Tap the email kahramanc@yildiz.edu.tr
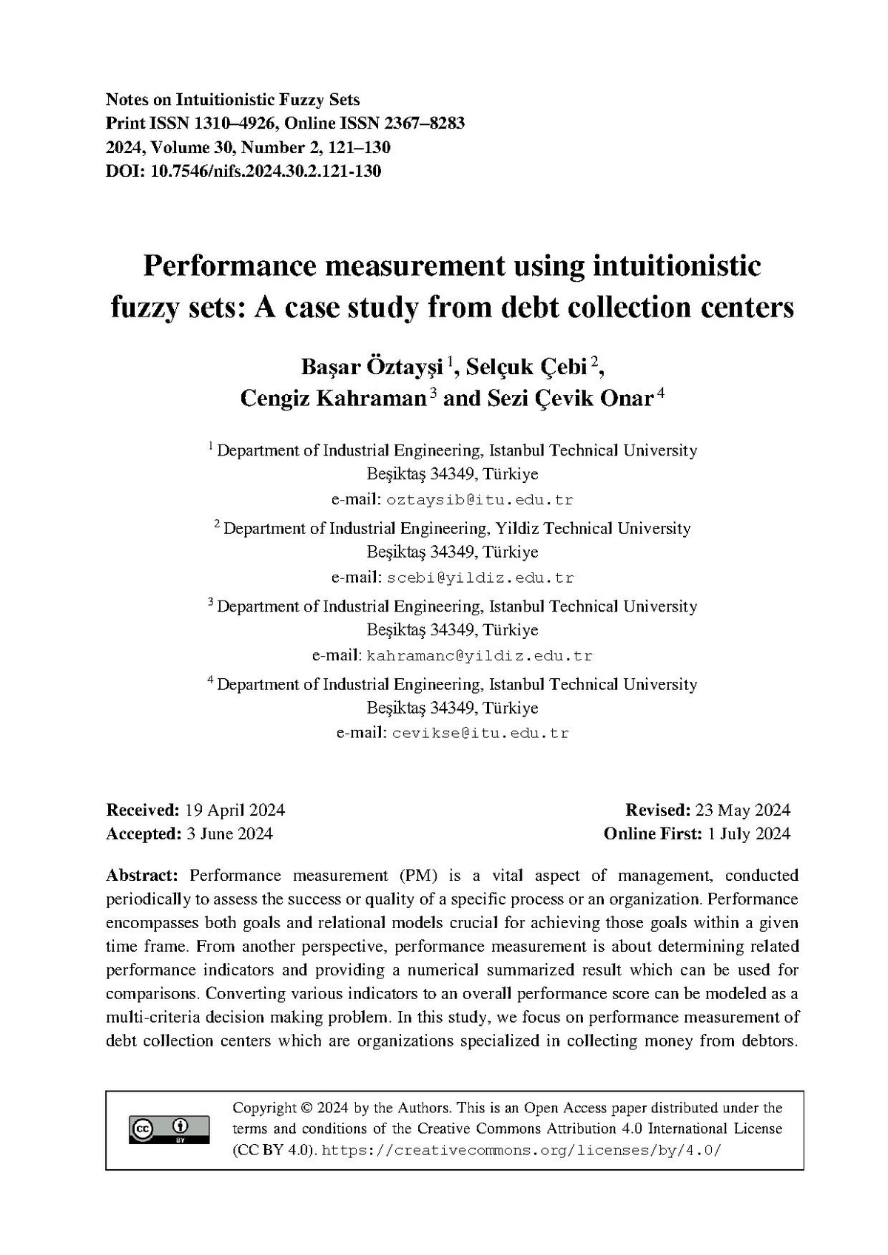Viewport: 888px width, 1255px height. point(480,656)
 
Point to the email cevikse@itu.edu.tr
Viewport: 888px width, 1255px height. point(480,734)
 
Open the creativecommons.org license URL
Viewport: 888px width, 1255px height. point(522,1151)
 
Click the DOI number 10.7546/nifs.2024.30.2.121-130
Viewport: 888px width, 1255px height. point(266,172)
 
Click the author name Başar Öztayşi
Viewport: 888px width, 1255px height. point(371,366)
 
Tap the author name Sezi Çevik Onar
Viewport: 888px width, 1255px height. point(569,399)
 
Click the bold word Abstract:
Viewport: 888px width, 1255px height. point(142,876)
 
